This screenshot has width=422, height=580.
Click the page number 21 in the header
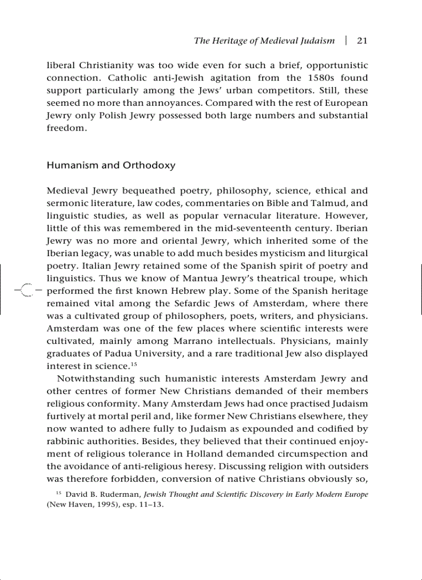point(362,41)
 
